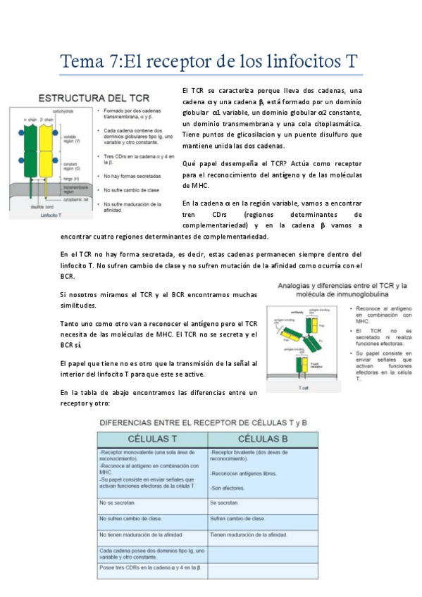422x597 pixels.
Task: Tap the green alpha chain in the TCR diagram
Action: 30,147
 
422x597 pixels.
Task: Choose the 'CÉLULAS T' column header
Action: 151,438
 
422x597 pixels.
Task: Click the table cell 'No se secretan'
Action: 117,503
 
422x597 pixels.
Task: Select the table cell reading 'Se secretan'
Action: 225,503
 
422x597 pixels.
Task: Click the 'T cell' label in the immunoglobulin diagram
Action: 303,387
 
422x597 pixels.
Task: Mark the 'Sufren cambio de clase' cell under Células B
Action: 237,518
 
